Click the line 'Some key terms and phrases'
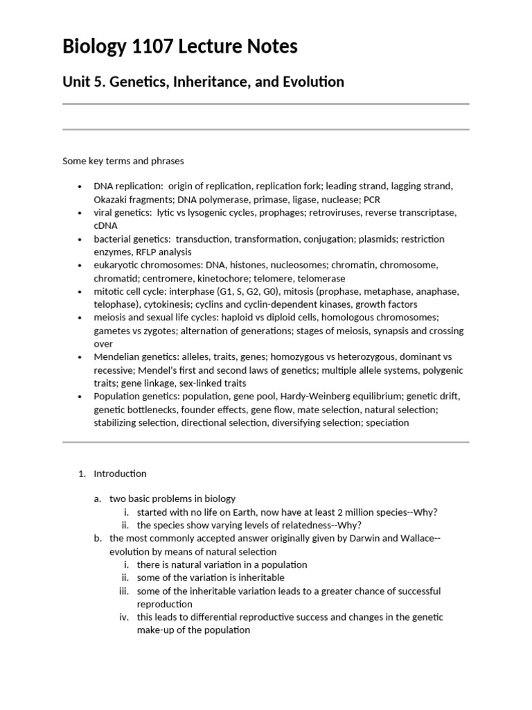click(x=123, y=161)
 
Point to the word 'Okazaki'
click(x=111, y=200)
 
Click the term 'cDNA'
click(x=106, y=225)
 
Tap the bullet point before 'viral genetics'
click(x=80, y=213)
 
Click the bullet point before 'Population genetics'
click(x=80, y=396)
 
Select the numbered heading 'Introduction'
click(x=120, y=474)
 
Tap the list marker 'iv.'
click(x=125, y=617)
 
